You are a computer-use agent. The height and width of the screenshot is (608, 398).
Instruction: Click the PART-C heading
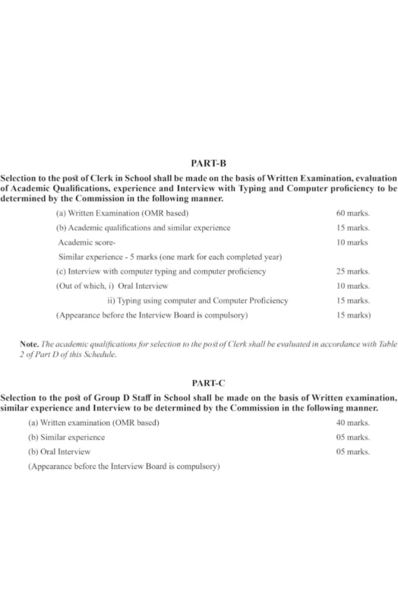(199, 384)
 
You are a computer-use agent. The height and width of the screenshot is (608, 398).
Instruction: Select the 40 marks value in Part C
(352, 423)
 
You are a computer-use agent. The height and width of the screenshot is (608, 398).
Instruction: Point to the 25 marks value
(352, 271)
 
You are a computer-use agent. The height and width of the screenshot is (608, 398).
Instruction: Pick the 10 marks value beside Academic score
(352, 242)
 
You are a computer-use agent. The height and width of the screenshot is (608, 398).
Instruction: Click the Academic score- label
(87, 242)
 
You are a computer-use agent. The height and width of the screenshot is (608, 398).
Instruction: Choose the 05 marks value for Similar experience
(352, 438)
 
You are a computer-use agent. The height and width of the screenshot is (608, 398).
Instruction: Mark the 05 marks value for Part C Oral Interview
(352, 452)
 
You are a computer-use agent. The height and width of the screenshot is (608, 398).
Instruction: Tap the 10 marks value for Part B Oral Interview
(352, 286)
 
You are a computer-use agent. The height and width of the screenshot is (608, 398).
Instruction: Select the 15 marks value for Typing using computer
(352, 300)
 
